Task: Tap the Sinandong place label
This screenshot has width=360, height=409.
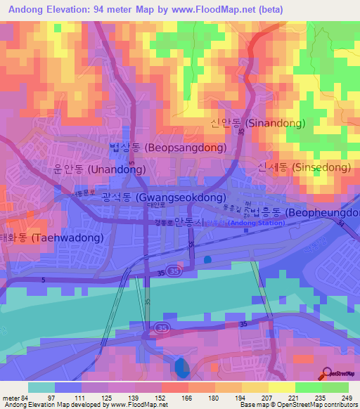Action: (x=257, y=123)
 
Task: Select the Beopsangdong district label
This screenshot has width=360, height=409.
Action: (x=168, y=148)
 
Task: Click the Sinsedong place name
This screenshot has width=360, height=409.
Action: (x=304, y=167)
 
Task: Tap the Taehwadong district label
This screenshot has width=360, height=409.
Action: (x=53, y=238)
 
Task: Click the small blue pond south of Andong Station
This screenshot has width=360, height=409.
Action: (x=207, y=259)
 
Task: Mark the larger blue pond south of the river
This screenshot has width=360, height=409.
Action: (x=181, y=366)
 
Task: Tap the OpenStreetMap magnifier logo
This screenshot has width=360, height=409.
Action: (x=328, y=375)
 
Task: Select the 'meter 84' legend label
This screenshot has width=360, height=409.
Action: (x=15, y=398)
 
